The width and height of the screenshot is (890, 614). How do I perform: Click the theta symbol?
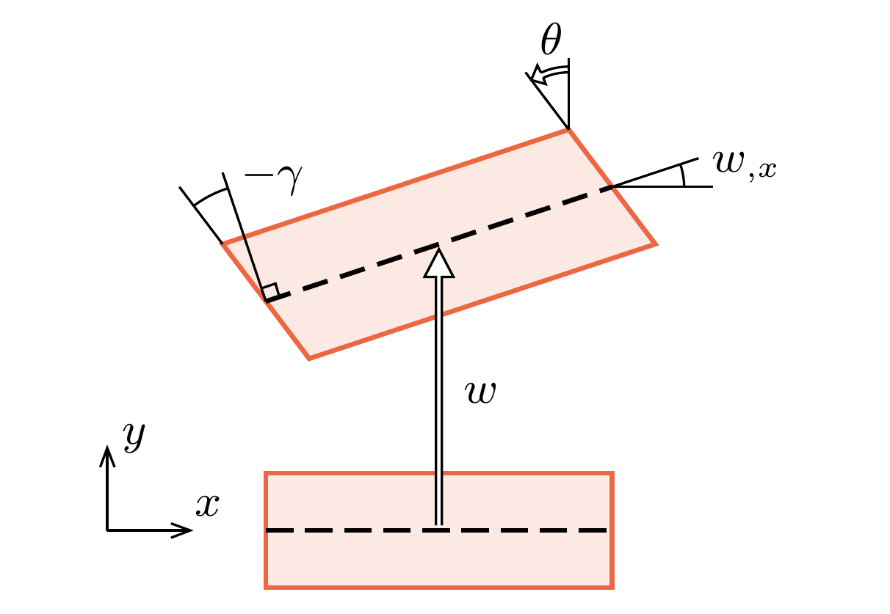point(551,43)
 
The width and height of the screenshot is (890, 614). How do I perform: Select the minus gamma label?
point(272,181)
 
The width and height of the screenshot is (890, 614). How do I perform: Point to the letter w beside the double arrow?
point(482,393)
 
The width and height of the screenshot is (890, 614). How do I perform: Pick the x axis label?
point(207,505)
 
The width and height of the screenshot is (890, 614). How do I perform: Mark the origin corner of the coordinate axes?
point(108,530)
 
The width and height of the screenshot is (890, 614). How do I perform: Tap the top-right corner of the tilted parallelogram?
point(568,130)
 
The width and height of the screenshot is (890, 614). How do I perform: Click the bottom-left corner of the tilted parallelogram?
point(309,359)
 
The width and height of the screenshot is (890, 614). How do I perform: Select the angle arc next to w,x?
point(684,176)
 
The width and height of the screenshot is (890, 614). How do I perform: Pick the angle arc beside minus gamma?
point(211,192)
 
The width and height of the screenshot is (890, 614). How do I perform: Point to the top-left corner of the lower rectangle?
point(266,474)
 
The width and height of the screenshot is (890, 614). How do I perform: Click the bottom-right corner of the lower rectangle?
point(612,587)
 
